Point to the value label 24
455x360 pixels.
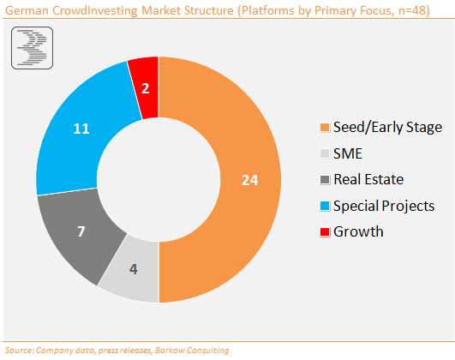point(250,180)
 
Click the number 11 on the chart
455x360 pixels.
point(81,129)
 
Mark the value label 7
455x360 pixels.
point(81,231)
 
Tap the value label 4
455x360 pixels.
point(134,269)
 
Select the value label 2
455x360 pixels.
point(146,88)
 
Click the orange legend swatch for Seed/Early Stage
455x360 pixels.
point(325,128)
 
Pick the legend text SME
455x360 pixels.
point(348,153)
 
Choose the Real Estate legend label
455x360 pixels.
point(368,179)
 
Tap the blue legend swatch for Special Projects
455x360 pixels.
point(325,206)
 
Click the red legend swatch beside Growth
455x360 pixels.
point(325,232)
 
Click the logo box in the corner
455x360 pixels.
point(33,48)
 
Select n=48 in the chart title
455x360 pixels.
point(412,11)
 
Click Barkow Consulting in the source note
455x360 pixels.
point(192,350)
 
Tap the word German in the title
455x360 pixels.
point(27,11)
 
